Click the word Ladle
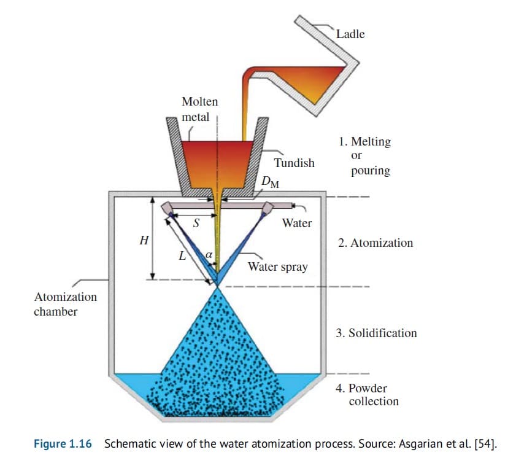(x=350, y=34)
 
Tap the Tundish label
(x=294, y=163)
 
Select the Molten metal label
(x=199, y=109)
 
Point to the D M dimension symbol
(x=268, y=182)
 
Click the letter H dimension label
(x=144, y=241)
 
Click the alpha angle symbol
(x=209, y=253)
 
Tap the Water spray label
(x=277, y=267)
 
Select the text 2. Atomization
(x=375, y=243)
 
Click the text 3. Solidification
(x=376, y=333)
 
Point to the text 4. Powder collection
(x=367, y=395)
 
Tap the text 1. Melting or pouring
(x=364, y=156)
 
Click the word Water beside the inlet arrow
(x=296, y=223)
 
